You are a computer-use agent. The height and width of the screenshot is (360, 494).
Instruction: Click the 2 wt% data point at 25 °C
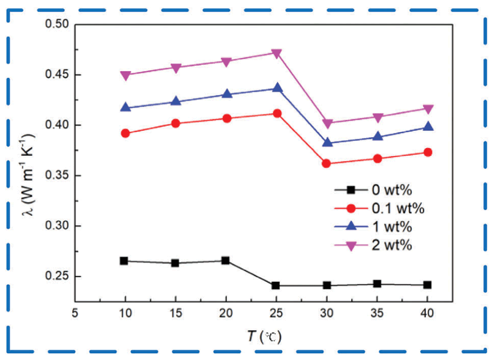click(x=276, y=53)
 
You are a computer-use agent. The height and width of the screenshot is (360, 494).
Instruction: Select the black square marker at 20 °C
click(x=226, y=261)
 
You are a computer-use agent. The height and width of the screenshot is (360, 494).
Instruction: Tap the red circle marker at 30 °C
click(x=326, y=163)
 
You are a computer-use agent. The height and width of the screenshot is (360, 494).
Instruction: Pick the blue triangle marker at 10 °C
click(x=124, y=108)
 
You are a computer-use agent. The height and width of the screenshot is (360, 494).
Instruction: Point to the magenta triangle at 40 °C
click(x=428, y=109)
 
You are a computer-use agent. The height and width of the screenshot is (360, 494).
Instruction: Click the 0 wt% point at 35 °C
click(x=377, y=284)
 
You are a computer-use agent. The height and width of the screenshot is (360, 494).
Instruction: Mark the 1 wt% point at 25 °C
click(x=276, y=88)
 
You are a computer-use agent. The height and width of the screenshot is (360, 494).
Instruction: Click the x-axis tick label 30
click(x=326, y=314)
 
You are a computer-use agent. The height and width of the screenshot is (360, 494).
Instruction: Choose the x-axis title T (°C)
click(x=262, y=337)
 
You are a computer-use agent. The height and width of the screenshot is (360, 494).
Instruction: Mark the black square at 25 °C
click(x=276, y=286)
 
